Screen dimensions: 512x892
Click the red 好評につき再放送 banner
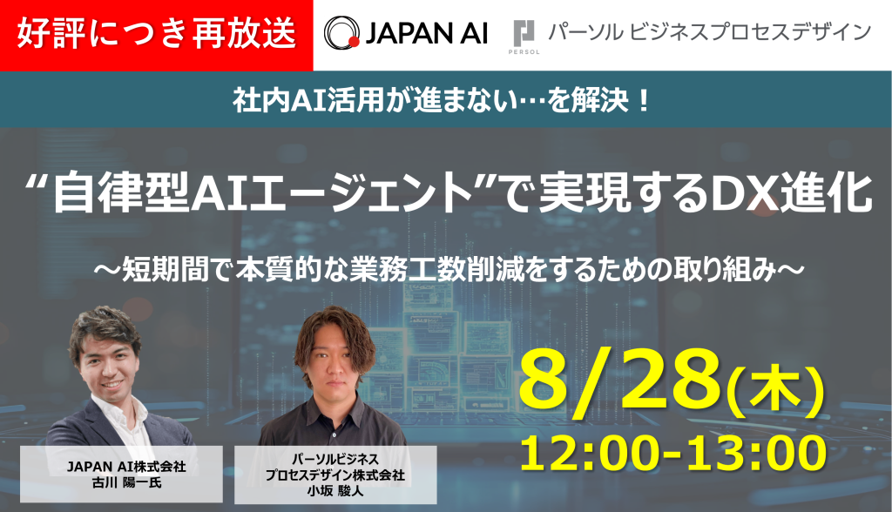(157, 35)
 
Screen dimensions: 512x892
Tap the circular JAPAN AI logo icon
(340, 34)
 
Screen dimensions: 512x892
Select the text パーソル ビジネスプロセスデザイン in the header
(708, 33)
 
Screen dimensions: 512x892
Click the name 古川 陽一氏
(126, 482)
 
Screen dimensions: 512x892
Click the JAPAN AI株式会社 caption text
(126, 467)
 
